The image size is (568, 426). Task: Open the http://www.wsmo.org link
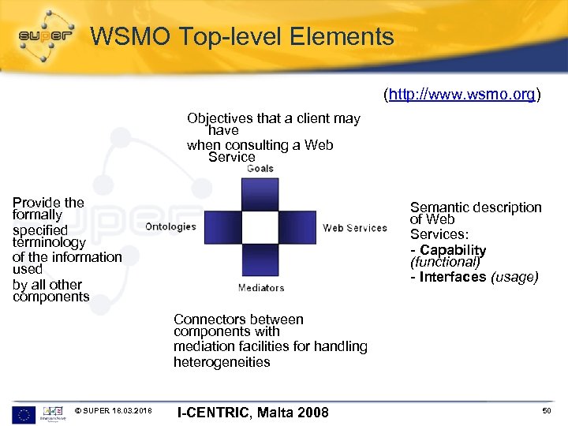461,95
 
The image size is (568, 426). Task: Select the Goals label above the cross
260,168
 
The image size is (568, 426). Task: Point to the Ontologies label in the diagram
170,226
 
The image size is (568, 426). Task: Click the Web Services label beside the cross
355,228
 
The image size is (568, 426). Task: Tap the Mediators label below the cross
260,288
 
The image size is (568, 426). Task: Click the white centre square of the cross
260,227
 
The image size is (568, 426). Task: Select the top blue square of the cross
260,193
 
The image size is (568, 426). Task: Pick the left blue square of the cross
222,227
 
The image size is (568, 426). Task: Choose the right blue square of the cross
297,227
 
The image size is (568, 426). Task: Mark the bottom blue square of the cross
260,261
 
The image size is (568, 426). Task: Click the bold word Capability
453,250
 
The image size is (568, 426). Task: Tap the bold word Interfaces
453,277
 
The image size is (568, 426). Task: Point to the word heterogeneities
222,362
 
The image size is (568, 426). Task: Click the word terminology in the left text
49,243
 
